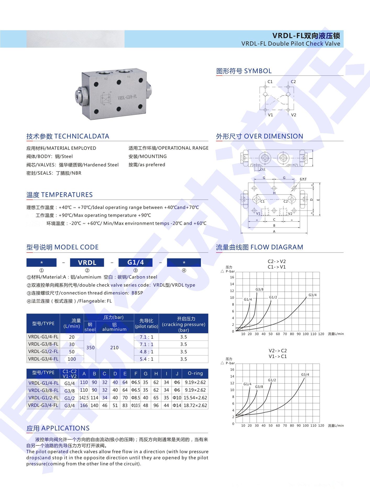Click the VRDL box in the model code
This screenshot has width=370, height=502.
coord(87,263)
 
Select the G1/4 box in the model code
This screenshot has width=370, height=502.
coord(135,263)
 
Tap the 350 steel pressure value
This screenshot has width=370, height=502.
coord(90,347)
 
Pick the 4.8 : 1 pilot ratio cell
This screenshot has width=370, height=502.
coord(147,352)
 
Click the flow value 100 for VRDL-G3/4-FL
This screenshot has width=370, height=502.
coord(72,359)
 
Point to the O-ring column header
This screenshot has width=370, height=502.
coord(195,373)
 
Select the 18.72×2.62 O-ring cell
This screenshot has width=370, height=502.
coord(195,405)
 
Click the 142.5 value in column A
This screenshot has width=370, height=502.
coord(84,398)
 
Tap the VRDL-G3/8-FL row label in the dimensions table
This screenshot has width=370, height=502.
coord(43,390)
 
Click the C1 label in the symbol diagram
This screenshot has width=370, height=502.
coord(270,82)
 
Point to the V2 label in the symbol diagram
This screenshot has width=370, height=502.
coord(294,115)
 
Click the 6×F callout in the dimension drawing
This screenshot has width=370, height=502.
coord(303,179)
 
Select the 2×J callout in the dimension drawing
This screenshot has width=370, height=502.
coord(262,169)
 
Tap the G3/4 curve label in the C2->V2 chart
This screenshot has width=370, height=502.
coord(312,295)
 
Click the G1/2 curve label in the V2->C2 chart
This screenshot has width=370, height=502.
coord(272,380)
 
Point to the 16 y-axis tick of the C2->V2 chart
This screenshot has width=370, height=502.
coord(232,277)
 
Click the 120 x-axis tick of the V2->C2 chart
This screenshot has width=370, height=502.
coord(321,425)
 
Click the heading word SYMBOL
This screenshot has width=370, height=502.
coord(258,71)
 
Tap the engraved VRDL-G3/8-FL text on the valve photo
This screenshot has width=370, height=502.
coord(127,98)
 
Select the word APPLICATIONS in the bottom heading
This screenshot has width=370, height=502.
coord(65,428)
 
